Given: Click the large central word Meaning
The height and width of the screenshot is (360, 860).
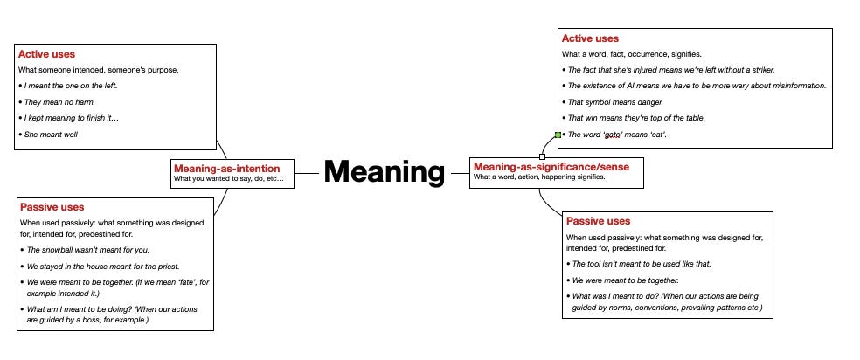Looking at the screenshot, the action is tap(385, 172).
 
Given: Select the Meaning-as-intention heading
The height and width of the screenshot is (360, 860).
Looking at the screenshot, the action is tap(226, 168).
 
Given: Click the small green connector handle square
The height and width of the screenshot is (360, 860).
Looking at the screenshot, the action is tap(557, 135).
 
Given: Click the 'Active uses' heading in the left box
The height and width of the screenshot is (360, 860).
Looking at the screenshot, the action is tap(46, 54).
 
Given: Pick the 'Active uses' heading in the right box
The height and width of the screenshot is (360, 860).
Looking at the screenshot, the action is tap(590, 38).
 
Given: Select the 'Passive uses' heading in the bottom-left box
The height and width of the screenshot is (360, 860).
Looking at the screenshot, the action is tap(52, 207).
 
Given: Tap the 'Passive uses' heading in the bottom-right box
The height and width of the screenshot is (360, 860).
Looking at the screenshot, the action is tap(598, 221).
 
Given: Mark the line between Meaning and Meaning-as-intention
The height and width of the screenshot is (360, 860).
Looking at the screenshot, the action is tap(306, 173).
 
